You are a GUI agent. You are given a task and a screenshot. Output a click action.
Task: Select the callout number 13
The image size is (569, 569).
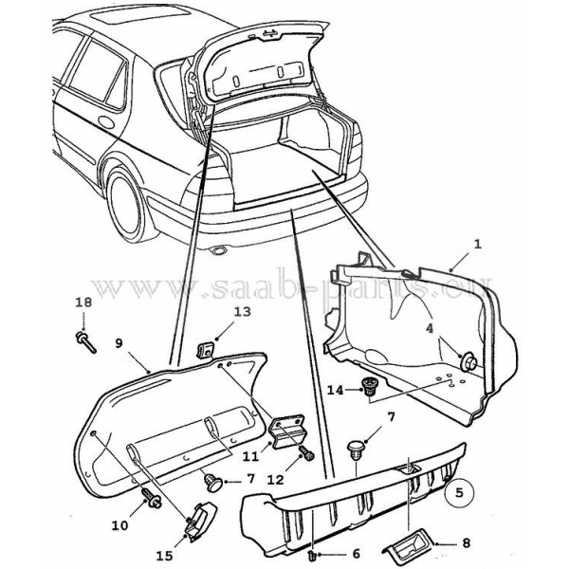(241, 311)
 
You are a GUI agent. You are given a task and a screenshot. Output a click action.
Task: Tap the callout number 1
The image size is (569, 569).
(478, 244)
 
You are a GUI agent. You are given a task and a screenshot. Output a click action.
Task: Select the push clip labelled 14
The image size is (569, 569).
(366, 384)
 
